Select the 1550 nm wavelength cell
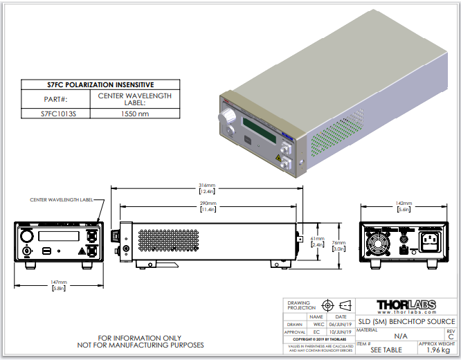pos(134,113)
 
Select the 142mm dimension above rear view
pos(404,204)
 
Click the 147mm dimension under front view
pos(59,282)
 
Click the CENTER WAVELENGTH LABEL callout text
pos(62,199)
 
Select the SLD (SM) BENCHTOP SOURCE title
pos(406,321)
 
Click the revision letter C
pos(451,337)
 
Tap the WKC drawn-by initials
pos(318,323)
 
